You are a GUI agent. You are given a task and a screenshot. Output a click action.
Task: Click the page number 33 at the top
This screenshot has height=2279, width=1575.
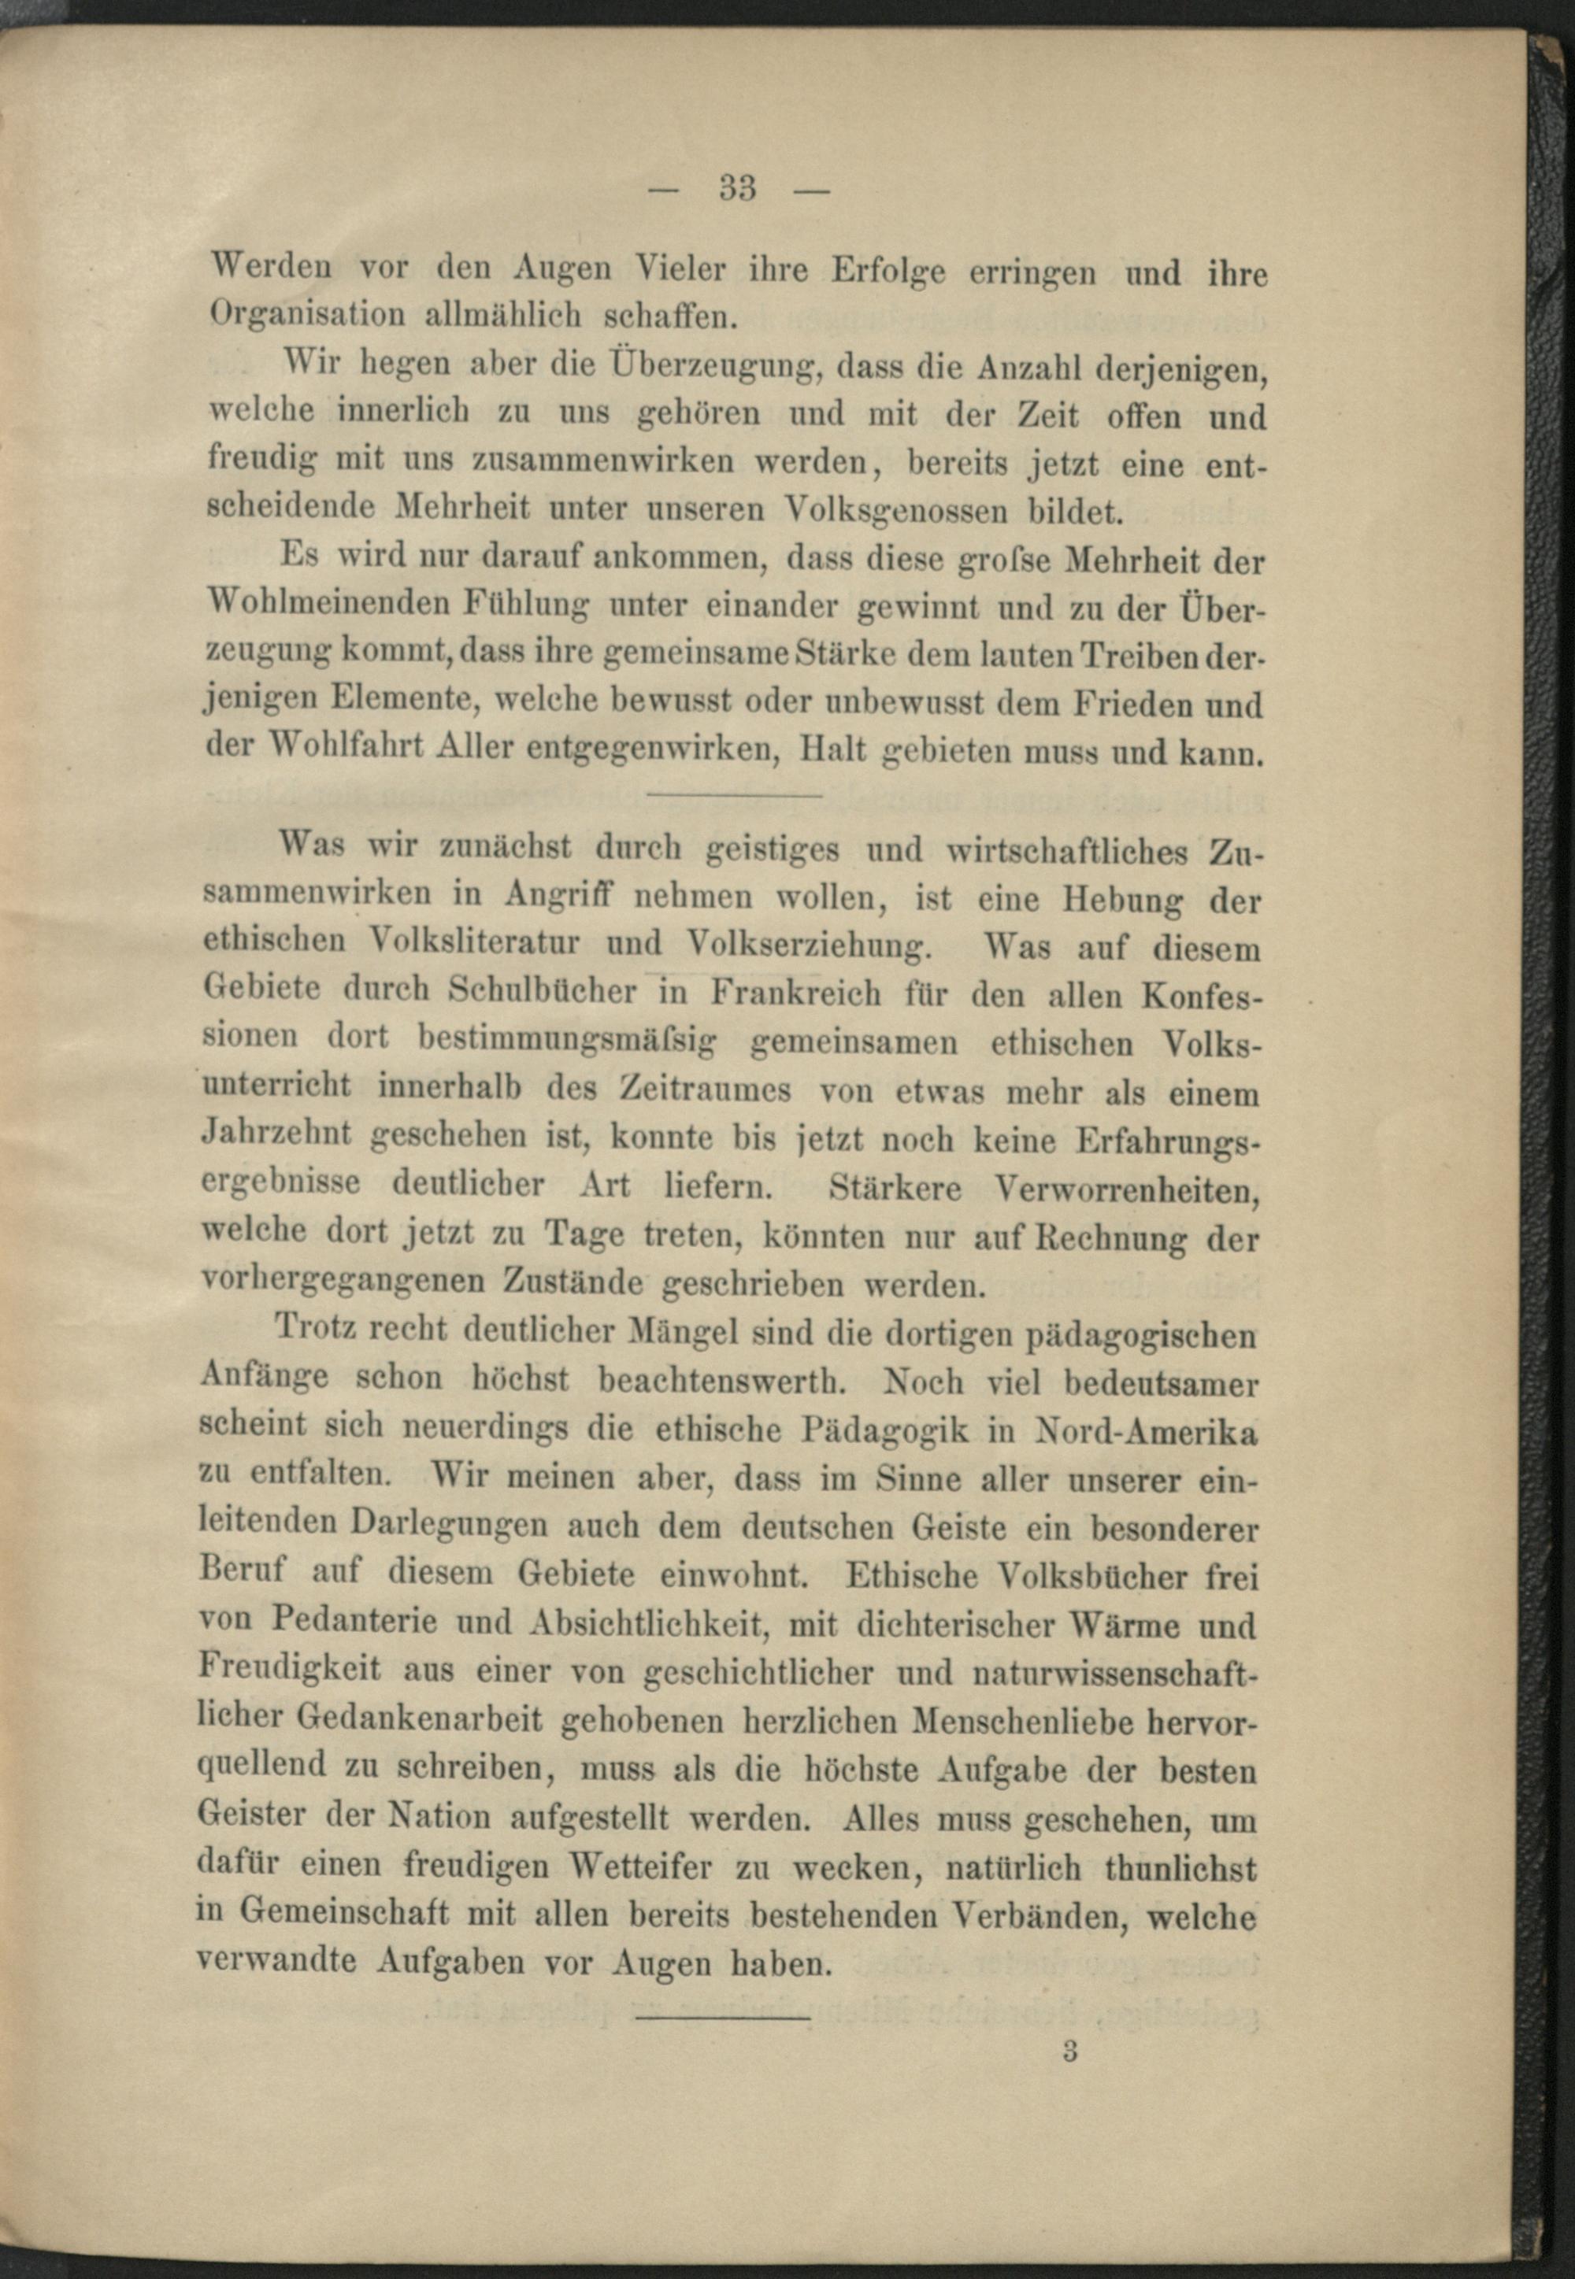[737, 187]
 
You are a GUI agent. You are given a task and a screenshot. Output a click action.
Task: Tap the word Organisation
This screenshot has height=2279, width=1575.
[307, 315]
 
